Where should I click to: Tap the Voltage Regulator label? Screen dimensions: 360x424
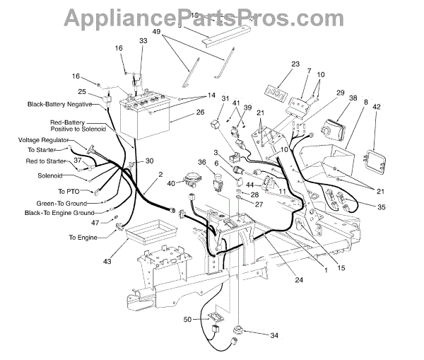coord(43,140)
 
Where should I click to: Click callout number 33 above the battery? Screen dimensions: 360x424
coord(143,41)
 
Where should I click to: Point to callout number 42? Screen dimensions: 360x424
coord(377,106)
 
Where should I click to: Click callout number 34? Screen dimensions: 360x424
coord(273,335)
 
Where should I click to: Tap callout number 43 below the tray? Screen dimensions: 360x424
coord(107,262)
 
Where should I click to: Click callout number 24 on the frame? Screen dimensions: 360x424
coord(299,280)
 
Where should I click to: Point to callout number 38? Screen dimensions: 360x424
coord(353,99)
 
